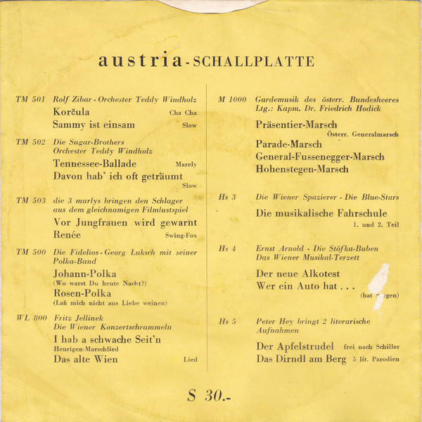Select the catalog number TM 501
pos(30,99)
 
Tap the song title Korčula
pos(74,112)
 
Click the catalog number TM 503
pos(30,200)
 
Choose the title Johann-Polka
pos(84,273)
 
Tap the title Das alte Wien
pos(86,359)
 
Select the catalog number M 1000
pos(232,99)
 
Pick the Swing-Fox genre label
pos(181,236)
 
